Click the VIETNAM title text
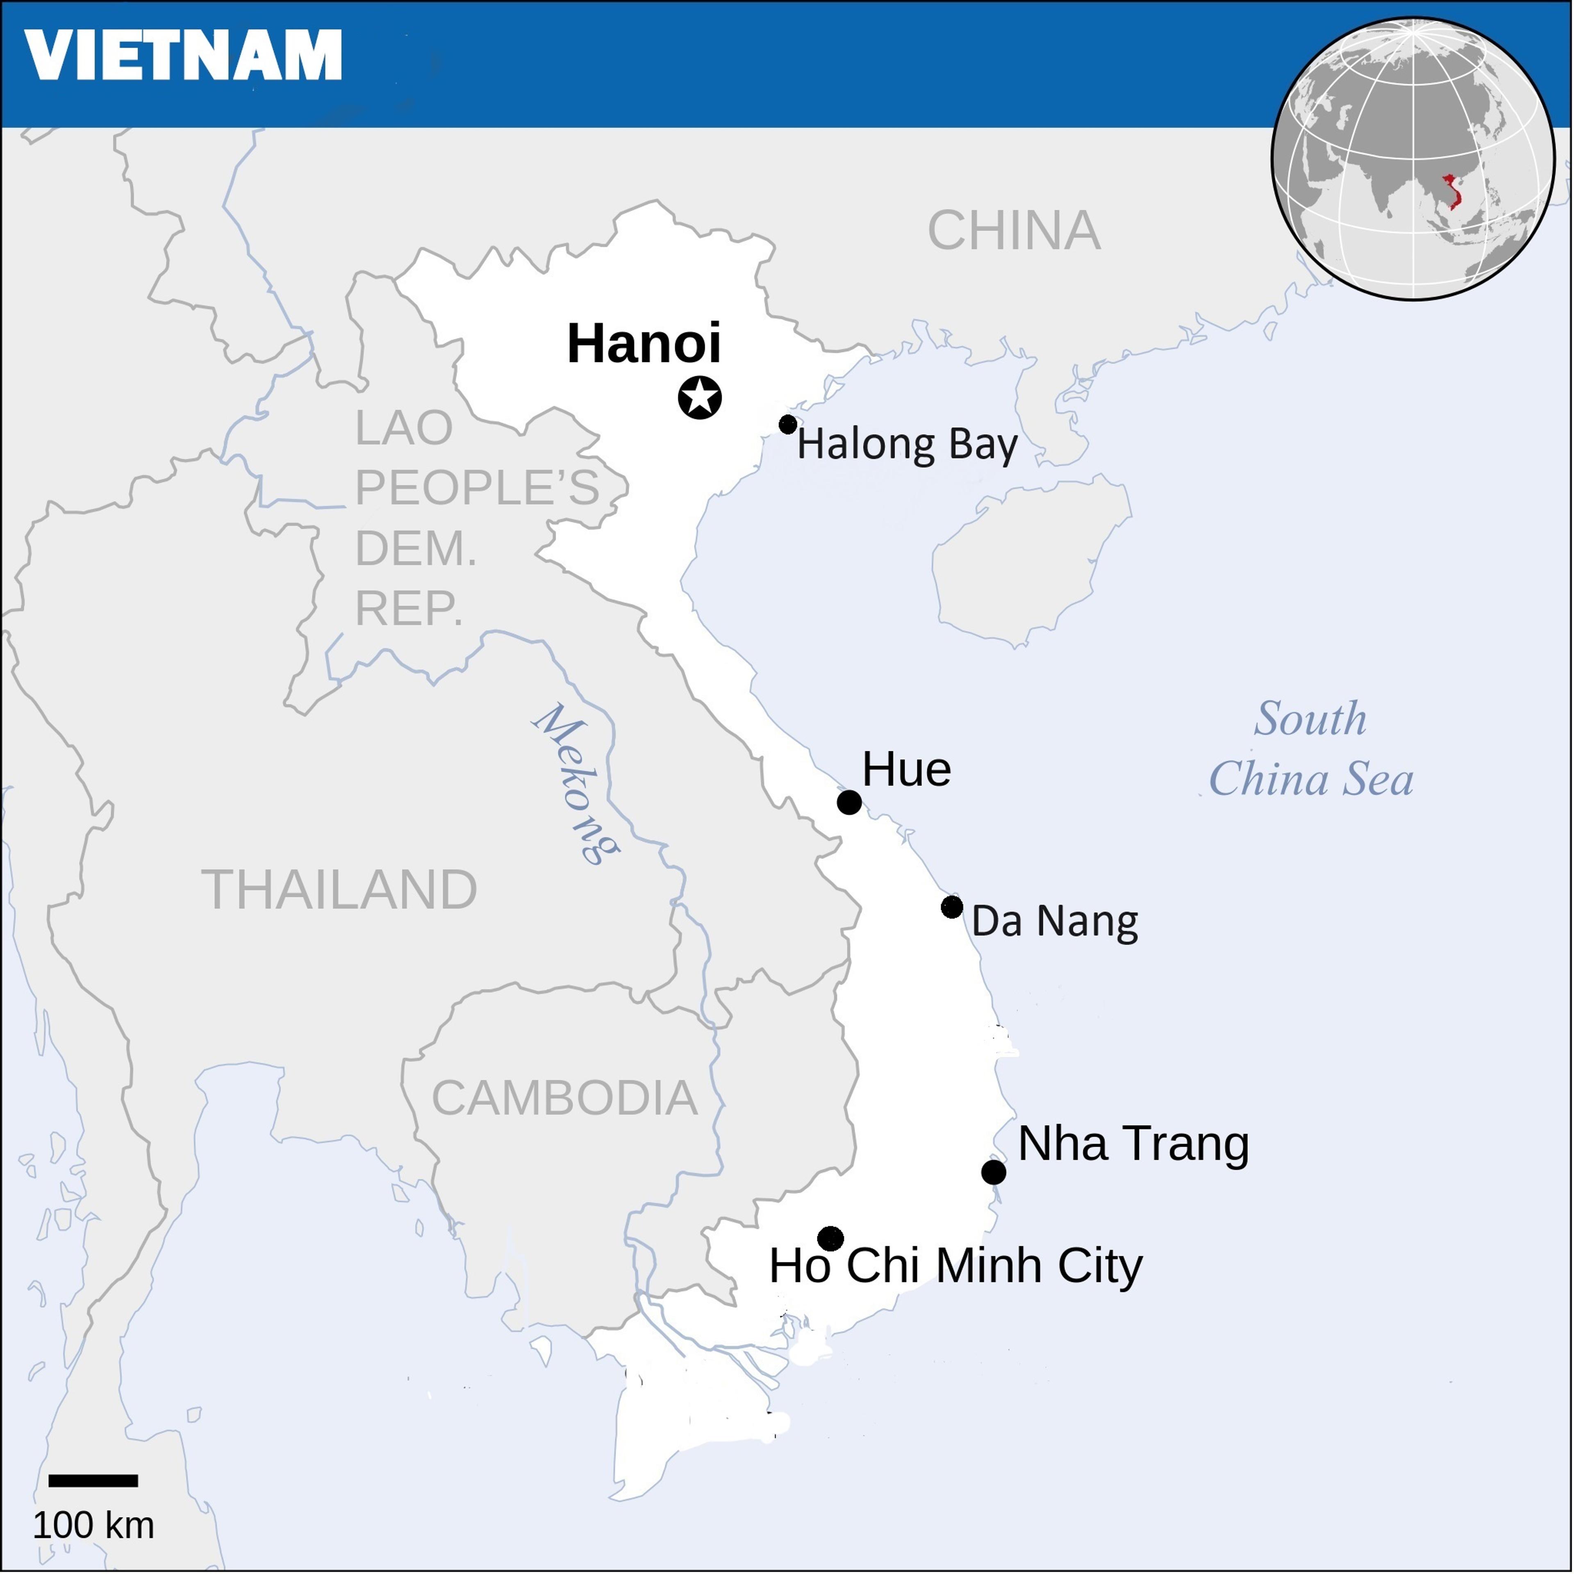[183, 55]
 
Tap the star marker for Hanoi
[700, 398]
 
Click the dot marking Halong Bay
[787, 424]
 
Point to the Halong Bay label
[907, 445]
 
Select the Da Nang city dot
[951, 907]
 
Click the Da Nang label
[1054, 921]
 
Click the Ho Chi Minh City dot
[830, 1238]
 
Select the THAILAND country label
[339, 889]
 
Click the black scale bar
[93, 1480]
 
